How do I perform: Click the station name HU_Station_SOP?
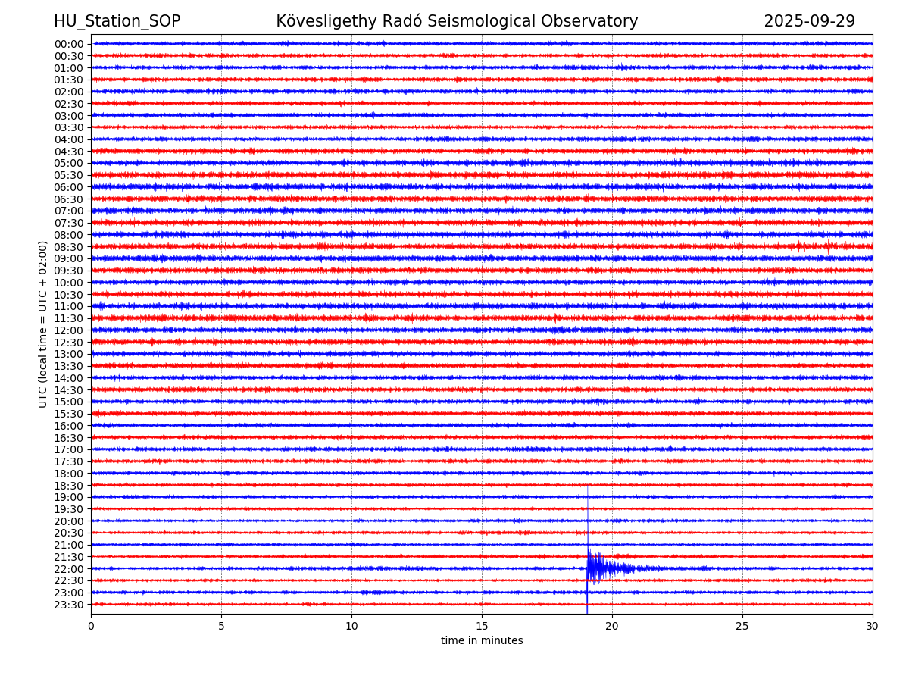coord(117,22)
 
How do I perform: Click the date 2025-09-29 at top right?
coord(809,22)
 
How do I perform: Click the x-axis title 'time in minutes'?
coord(482,641)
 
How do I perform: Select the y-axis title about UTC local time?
coord(44,324)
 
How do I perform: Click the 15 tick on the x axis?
coord(482,627)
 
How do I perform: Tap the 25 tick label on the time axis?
coord(742,627)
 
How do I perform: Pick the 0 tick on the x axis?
coord(91,627)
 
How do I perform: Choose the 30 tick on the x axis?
coord(873,627)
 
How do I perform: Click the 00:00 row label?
coord(69,44)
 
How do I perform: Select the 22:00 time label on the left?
coord(69,569)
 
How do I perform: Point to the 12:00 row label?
coord(69,330)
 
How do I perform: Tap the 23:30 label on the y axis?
coord(69,605)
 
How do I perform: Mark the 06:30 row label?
coord(69,199)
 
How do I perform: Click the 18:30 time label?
coord(69,486)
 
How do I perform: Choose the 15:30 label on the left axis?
coord(69,414)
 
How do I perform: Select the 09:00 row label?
coord(69,258)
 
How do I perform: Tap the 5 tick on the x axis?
coord(221,627)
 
